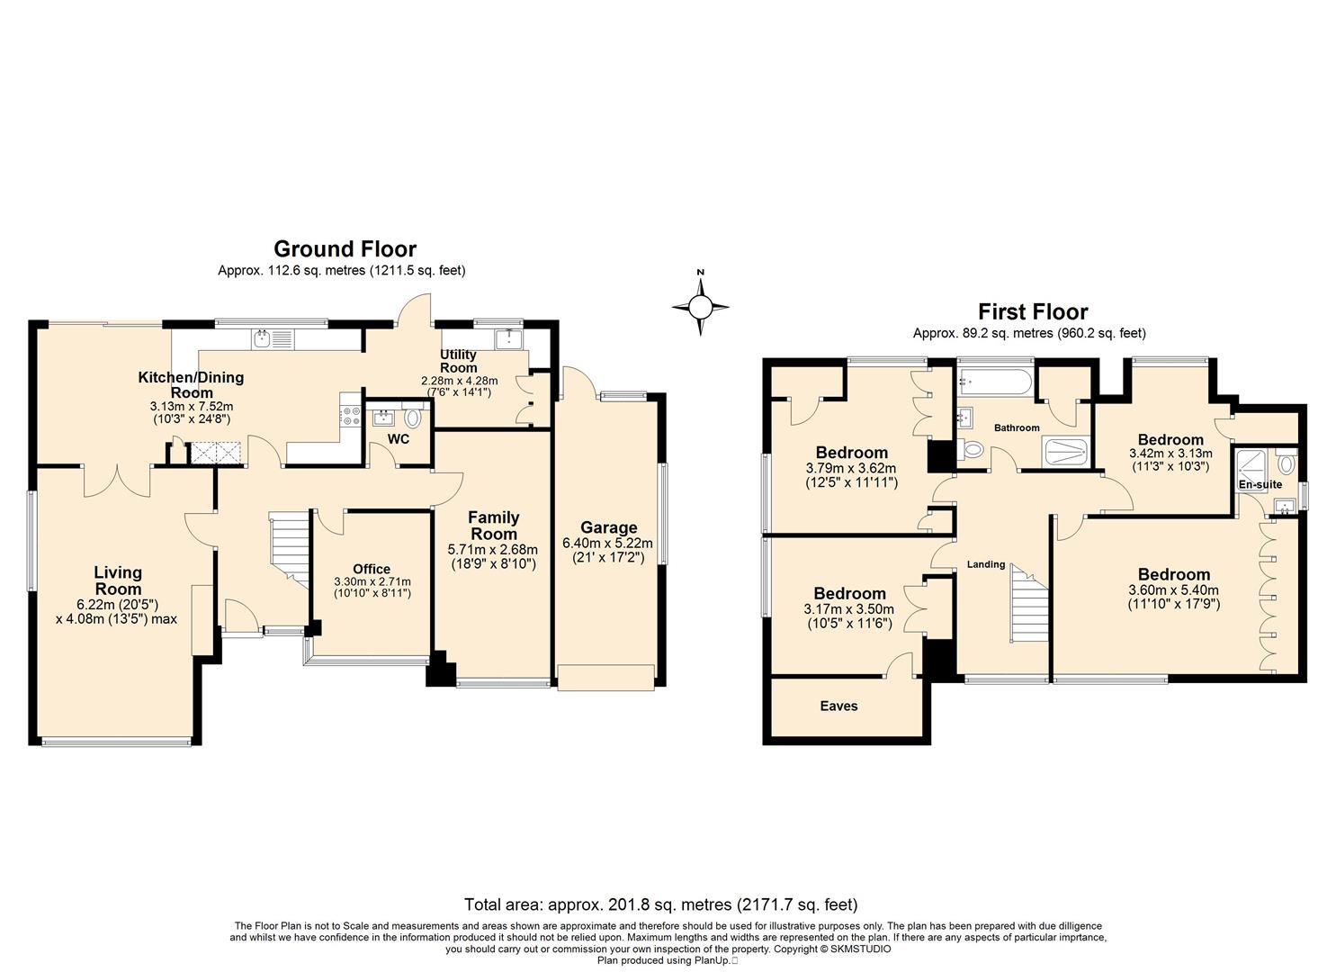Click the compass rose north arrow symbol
click(700, 307)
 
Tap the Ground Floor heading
click(345, 248)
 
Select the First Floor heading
click(1033, 311)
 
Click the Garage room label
click(609, 527)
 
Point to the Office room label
click(372, 569)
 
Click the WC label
click(399, 439)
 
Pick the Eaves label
click(838, 706)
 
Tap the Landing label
click(986, 564)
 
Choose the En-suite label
click(1260, 484)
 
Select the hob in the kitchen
click(351, 415)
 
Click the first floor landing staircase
click(1029, 604)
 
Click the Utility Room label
click(458, 361)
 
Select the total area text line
click(661, 905)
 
